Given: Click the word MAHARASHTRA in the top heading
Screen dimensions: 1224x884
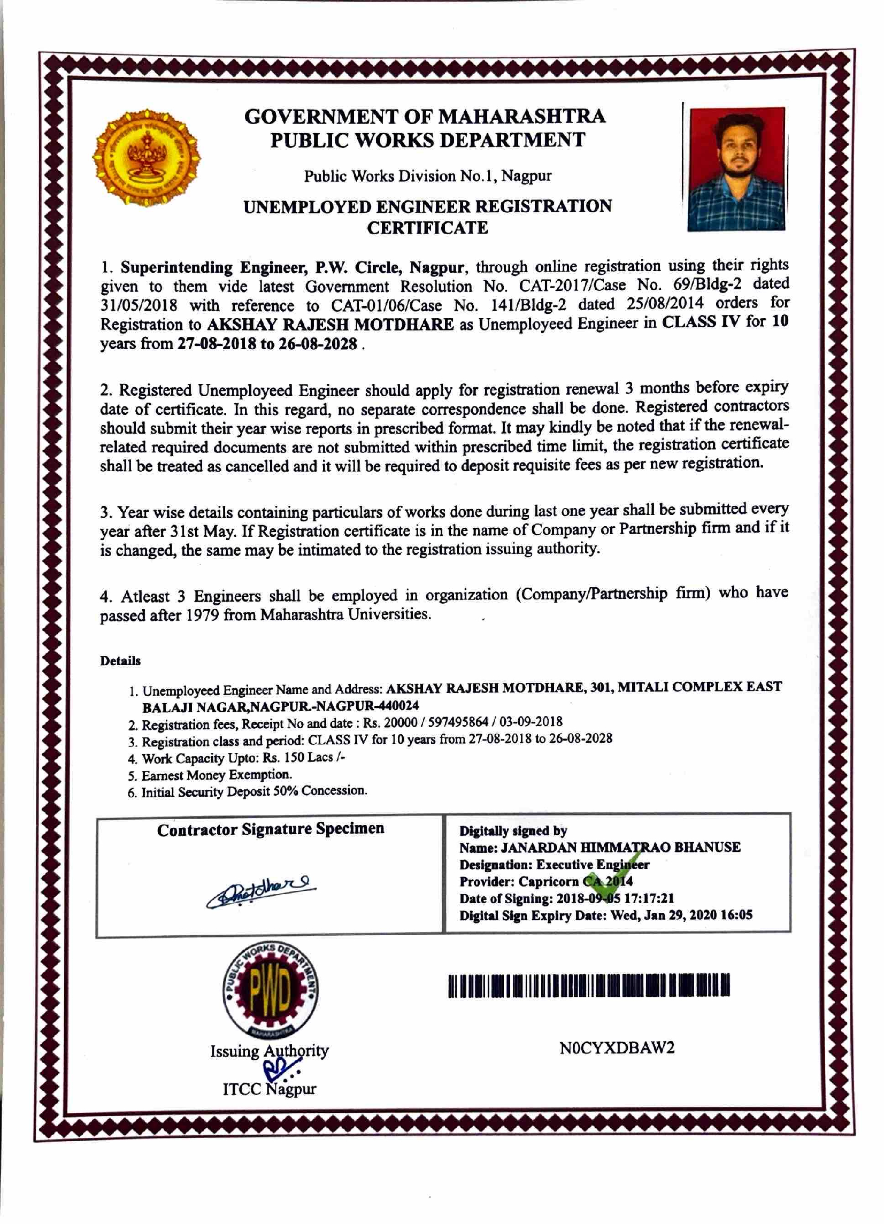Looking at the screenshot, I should click(521, 117).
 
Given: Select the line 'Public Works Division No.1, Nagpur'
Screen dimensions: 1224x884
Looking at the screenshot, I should click(427, 176).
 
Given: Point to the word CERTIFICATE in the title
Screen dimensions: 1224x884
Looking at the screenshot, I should click(427, 228).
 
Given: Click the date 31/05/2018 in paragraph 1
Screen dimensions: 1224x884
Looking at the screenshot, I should click(139, 305).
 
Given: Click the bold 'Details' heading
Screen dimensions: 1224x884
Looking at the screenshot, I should click(120, 661).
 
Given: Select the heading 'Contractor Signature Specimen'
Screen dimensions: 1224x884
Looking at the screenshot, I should click(271, 829).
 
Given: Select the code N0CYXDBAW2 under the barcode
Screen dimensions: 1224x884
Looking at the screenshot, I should click(617, 1048).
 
